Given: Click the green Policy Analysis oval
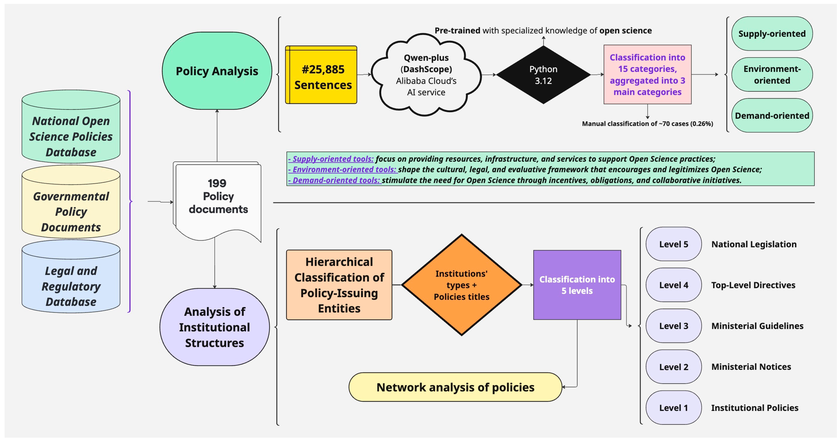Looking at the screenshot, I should (217, 71).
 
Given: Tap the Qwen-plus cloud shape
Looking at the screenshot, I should (426, 75).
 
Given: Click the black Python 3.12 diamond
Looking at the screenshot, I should (543, 75).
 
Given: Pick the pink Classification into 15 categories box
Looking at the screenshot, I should (647, 75).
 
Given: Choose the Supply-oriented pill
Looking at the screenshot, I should (772, 34).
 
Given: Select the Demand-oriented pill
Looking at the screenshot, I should (772, 116).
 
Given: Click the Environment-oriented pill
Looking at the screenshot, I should (772, 75).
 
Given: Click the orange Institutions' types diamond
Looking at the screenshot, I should (461, 285).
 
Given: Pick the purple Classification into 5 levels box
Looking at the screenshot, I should (577, 285).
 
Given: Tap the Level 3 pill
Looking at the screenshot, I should (673, 326).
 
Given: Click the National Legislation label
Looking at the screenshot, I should (754, 244).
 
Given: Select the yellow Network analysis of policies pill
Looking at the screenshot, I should (455, 387).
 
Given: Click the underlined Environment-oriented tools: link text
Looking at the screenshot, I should (342, 169).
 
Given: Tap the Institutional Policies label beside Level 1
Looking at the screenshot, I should (755, 408).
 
